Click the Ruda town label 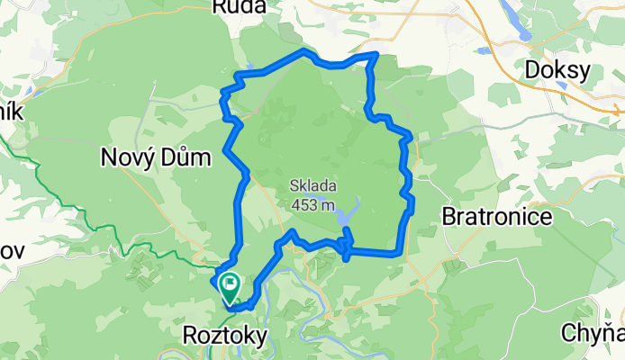pos(240,7)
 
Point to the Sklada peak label pos(312,188)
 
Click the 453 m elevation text pos(312,205)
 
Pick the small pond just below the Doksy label pos(561,87)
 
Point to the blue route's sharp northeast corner pos(375,55)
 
